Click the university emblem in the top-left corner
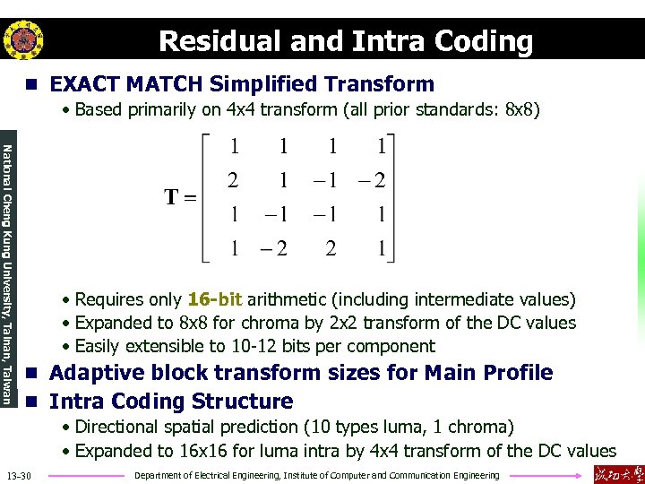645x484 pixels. (23, 39)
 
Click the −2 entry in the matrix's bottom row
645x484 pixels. (276, 248)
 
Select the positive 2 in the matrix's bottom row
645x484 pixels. (331, 248)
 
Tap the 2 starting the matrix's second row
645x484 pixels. (234, 180)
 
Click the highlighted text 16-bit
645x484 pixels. (215, 299)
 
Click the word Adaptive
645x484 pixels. (95, 373)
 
